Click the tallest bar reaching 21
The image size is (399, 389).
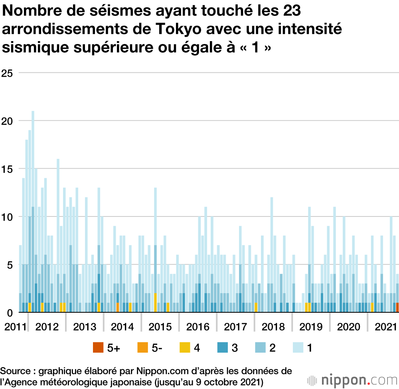tap(33, 212)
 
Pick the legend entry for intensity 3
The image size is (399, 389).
tap(227, 348)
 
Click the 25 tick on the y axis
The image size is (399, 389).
tap(7, 73)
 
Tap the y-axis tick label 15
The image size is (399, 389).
tap(7, 169)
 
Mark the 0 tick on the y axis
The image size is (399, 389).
tap(10, 312)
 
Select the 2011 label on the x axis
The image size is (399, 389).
tap(14, 327)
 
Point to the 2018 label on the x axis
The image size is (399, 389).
tap(273, 327)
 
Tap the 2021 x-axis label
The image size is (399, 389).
tap(386, 327)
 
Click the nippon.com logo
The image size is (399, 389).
tap(351, 379)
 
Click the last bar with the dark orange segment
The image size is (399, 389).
tap(397, 308)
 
